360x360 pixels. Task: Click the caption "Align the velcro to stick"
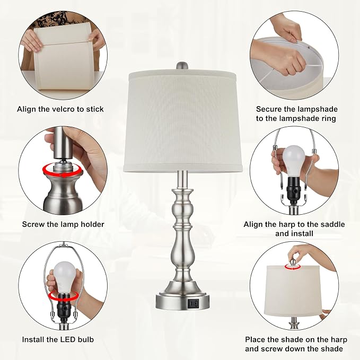click(x=60, y=109)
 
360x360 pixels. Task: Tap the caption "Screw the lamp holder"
click(x=63, y=224)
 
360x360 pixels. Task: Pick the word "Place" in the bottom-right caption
click(x=256, y=339)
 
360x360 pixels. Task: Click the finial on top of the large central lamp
click(x=182, y=66)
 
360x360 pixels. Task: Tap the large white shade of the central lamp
click(x=185, y=122)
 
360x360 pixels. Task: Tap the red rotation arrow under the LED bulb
click(x=60, y=297)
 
